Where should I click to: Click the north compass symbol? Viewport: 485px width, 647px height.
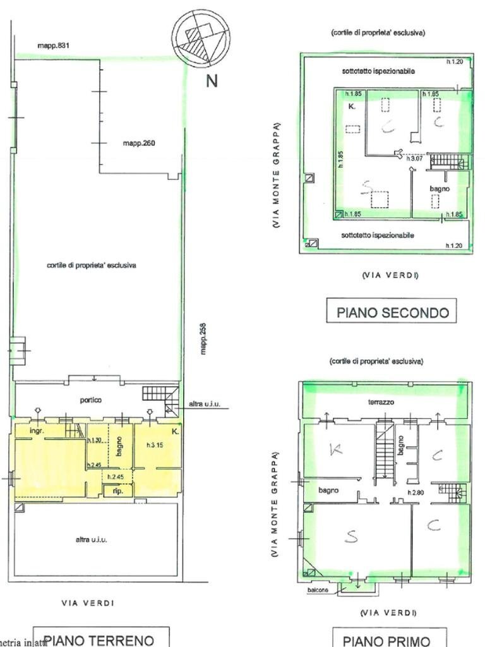201,39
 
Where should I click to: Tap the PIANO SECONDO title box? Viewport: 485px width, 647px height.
392,312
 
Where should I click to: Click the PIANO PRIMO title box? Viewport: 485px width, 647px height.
391,639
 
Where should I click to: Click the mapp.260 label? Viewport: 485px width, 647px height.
139,143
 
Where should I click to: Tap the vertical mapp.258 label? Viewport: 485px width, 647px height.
203,339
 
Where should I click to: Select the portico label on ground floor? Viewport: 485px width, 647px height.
91,400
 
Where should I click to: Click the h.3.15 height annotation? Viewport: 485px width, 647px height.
154,445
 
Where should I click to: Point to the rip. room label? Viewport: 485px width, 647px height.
117,491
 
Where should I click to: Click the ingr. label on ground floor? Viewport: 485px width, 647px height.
35,431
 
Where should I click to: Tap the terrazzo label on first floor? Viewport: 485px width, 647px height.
381,402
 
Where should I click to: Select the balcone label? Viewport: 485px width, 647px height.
318,590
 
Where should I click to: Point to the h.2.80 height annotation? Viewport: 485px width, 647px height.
415,492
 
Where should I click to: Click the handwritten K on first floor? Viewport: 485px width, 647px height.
335,449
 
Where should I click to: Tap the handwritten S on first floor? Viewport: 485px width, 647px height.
351,536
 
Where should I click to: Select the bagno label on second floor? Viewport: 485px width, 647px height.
440,188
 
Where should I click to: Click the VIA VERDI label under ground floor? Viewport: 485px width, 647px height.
88,603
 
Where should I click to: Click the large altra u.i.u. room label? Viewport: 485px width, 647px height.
92,540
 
